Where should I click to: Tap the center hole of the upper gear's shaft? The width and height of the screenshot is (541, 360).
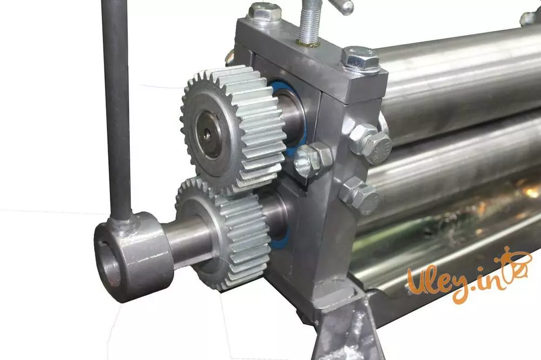(x=207, y=136)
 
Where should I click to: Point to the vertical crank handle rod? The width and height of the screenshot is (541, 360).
(x=117, y=110)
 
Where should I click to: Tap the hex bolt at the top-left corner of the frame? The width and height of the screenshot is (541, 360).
(x=265, y=12)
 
